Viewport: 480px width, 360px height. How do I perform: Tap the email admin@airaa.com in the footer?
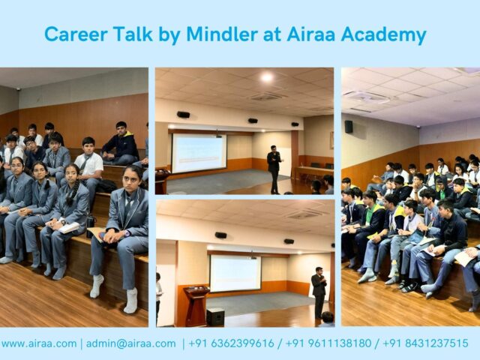pos(130,343)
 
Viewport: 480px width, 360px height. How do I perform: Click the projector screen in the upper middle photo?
pos(199,152)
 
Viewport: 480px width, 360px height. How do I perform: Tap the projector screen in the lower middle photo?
pos(235,274)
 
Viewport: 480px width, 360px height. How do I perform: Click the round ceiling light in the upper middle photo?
pos(266,77)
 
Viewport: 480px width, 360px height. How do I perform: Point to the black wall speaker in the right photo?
pos(349,127)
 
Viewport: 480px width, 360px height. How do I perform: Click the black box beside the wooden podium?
pos(215,316)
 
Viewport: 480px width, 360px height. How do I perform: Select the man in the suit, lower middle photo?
pos(319,292)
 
